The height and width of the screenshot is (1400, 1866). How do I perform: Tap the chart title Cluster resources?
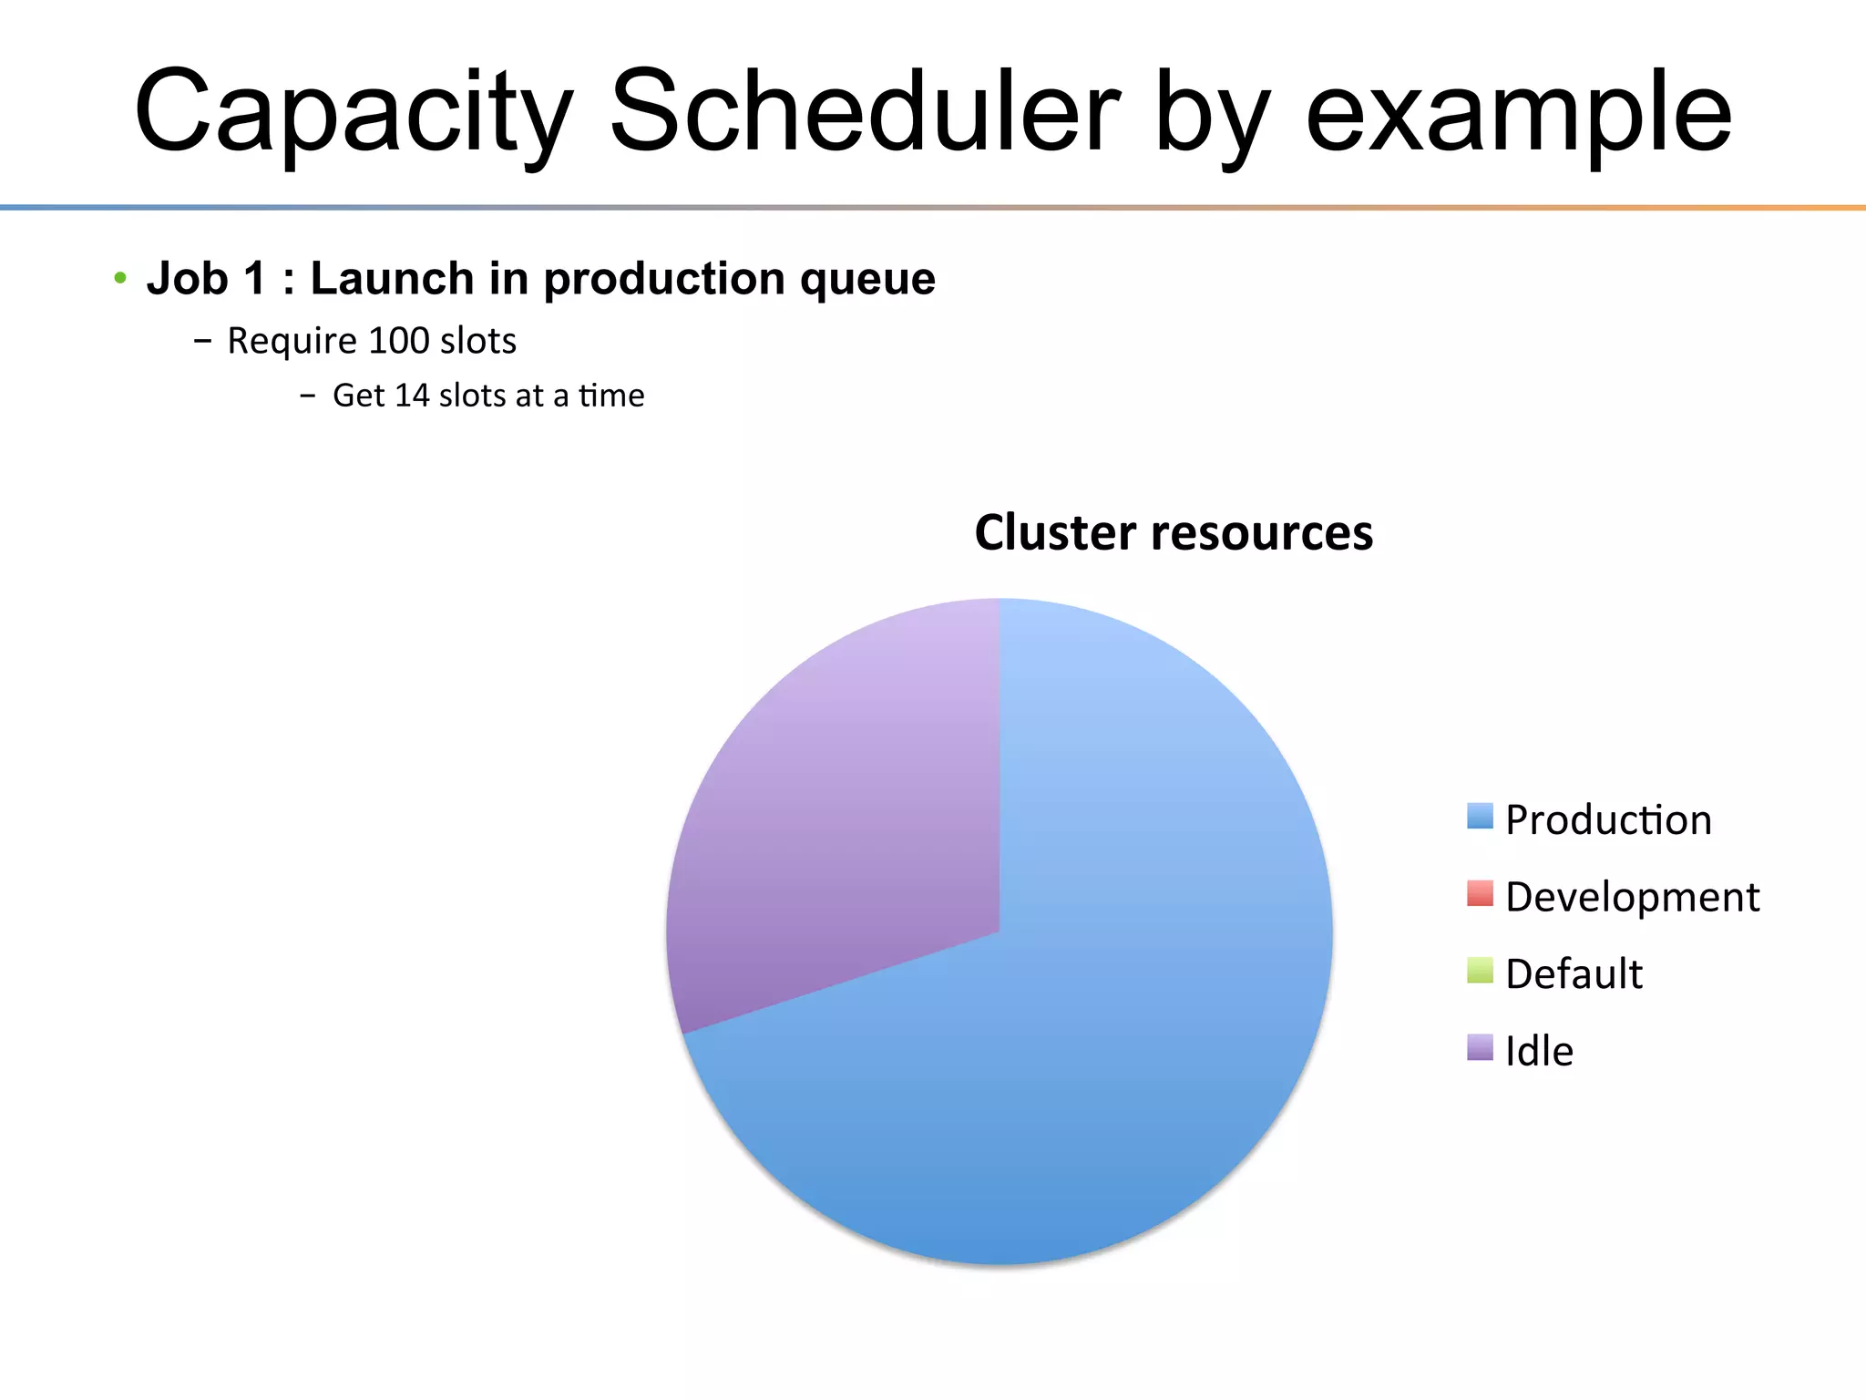1174,532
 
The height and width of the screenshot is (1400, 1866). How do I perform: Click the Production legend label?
1608,819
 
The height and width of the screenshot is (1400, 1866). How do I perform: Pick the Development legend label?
1632,897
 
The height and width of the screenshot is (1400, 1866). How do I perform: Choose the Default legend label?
1574,973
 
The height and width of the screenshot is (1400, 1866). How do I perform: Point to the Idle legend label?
1539,1051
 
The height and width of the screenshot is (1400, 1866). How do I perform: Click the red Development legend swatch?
1480,893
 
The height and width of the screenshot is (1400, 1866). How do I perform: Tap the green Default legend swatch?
1480,970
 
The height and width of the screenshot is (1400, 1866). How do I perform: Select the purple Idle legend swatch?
1480,1047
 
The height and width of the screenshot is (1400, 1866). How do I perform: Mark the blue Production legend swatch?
1480,816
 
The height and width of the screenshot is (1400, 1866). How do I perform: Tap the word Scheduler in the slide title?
864,111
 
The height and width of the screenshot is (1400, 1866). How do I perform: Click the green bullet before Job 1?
120,277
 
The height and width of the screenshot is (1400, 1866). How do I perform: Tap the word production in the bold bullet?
664,279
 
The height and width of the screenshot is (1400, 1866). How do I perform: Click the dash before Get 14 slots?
308,396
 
